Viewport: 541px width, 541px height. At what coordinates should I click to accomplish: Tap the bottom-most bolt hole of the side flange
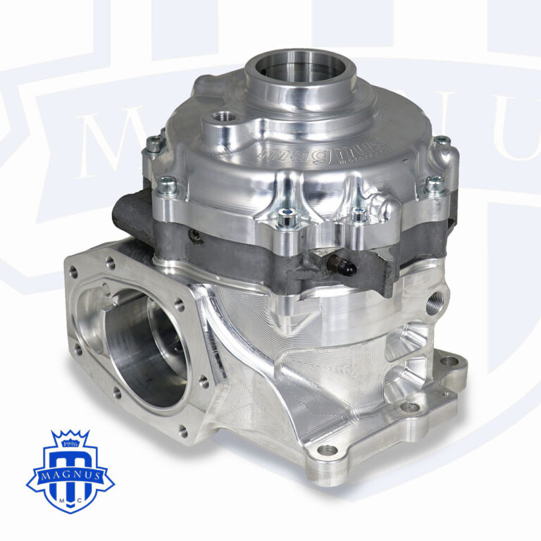183,430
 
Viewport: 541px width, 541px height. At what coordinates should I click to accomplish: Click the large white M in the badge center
70,462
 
